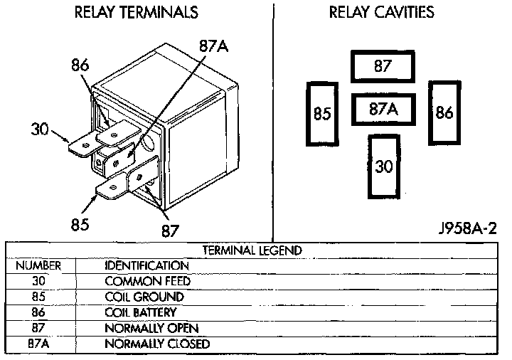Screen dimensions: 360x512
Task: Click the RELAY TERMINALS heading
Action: pyautogui.click(x=136, y=13)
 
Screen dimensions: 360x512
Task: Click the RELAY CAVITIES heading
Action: pyautogui.click(x=381, y=13)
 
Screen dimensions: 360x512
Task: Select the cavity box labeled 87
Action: pyautogui.click(x=383, y=67)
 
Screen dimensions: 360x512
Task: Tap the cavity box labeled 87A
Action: pyautogui.click(x=383, y=110)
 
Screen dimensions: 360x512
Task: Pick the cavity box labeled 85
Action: pyautogui.click(x=322, y=114)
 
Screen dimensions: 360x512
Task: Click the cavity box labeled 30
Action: pyautogui.click(x=383, y=166)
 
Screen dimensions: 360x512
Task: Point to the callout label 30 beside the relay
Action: pyautogui.click(x=40, y=129)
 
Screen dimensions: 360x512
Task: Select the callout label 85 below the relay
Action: pyautogui.click(x=79, y=226)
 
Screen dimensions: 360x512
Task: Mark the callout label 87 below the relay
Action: pyautogui.click(x=170, y=231)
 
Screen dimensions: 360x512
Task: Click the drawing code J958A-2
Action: pyautogui.click(x=467, y=229)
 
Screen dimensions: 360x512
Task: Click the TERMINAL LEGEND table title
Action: pyautogui.click(x=252, y=250)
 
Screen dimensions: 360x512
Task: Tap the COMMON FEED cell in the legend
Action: pyautogui.click(x=147, y=281)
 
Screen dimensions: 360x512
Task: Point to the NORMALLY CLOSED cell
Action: pyautogui.click(x=157, y=344)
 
